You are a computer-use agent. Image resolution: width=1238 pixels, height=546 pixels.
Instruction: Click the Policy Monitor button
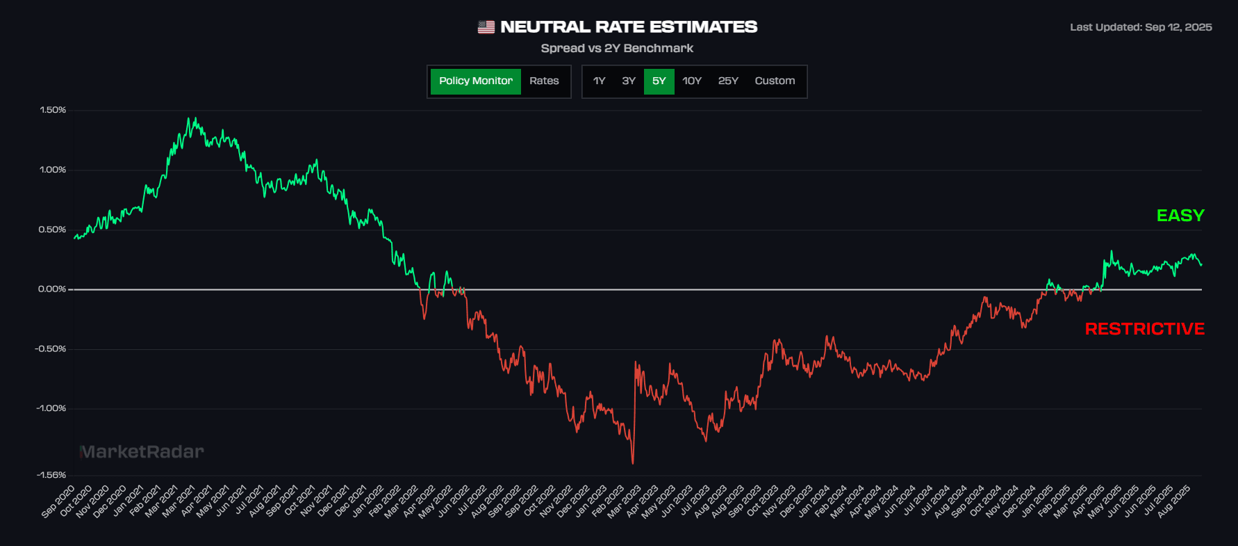click(475, 81)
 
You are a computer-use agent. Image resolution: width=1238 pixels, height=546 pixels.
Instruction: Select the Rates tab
click(544, 81)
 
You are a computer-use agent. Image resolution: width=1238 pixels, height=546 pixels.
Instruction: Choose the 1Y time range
click(599, 81)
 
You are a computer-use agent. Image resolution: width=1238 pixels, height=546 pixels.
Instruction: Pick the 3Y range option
click(629, 81)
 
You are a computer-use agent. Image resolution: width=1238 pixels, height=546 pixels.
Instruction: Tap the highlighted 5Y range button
click(659, 81)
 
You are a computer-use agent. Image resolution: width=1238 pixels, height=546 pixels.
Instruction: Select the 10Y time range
click(692, 81)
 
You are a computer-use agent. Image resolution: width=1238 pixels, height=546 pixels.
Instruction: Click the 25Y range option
click(728, 81)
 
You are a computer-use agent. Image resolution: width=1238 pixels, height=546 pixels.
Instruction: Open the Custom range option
click(775, 81)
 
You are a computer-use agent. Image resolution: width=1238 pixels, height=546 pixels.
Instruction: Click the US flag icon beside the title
click(486, 27)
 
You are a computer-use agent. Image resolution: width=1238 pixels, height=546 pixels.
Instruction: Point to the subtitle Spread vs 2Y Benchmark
click(617, 48)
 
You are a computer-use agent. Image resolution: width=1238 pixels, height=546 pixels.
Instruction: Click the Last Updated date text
click(1141, 27)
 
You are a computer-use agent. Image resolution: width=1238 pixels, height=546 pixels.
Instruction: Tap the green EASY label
click(1180, 216)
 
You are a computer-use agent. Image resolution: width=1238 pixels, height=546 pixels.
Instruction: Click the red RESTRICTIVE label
click(1144, 329)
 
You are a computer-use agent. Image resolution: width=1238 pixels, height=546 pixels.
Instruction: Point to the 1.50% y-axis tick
click(53, 110)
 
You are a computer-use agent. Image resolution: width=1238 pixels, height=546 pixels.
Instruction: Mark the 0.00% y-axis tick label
click(52, 289)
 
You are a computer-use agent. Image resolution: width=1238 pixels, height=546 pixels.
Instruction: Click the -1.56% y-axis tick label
click(51, 475)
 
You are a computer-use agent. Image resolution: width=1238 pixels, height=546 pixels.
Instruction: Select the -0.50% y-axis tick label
click(51, 348)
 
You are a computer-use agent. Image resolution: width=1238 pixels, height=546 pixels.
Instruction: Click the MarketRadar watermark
click(142, 452)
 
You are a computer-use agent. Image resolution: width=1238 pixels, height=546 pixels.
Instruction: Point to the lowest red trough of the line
click(633, 463)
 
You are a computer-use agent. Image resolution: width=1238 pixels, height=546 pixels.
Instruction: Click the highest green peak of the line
click(195, 118)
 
